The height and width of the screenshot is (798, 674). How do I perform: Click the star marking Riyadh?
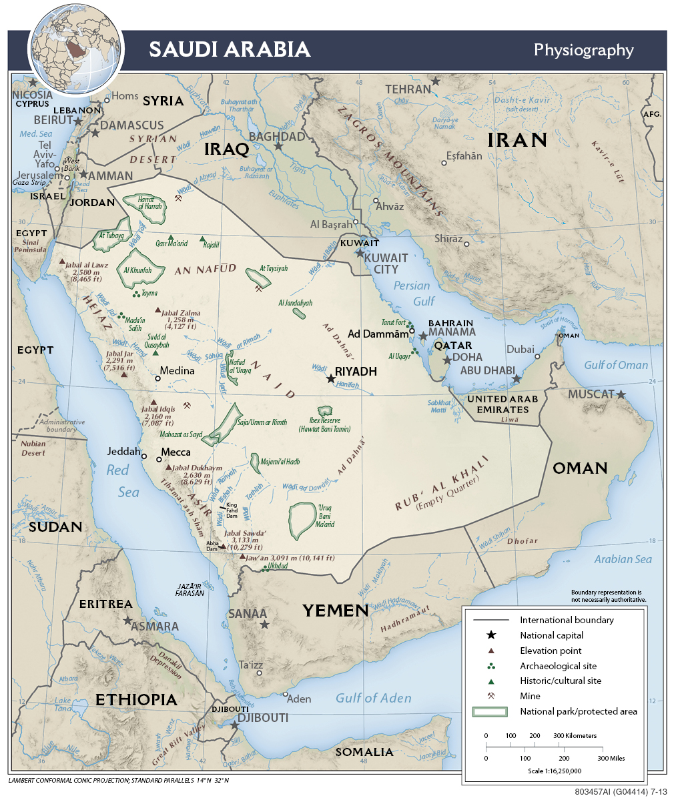coord(331,378)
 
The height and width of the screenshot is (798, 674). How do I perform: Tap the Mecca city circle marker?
coord(159,459)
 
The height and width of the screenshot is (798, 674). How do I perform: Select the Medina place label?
coord(178,371)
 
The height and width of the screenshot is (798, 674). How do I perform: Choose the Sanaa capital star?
coord(265,625)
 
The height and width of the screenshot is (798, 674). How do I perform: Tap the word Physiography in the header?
coord(583,50)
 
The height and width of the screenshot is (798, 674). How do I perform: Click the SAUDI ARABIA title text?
coord(230,49)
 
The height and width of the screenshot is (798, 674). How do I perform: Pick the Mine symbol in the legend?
coord(491,696)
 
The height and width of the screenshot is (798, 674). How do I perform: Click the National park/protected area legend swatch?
coord(491,712)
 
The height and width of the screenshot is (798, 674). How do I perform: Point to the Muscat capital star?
coord(621,395)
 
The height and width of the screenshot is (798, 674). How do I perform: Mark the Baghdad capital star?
coord(278,146)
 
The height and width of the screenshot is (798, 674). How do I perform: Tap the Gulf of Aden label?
coord(373,698)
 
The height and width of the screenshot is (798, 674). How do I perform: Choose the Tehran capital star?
coord(436,81)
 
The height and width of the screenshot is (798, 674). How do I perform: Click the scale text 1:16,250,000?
coord(554,771)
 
